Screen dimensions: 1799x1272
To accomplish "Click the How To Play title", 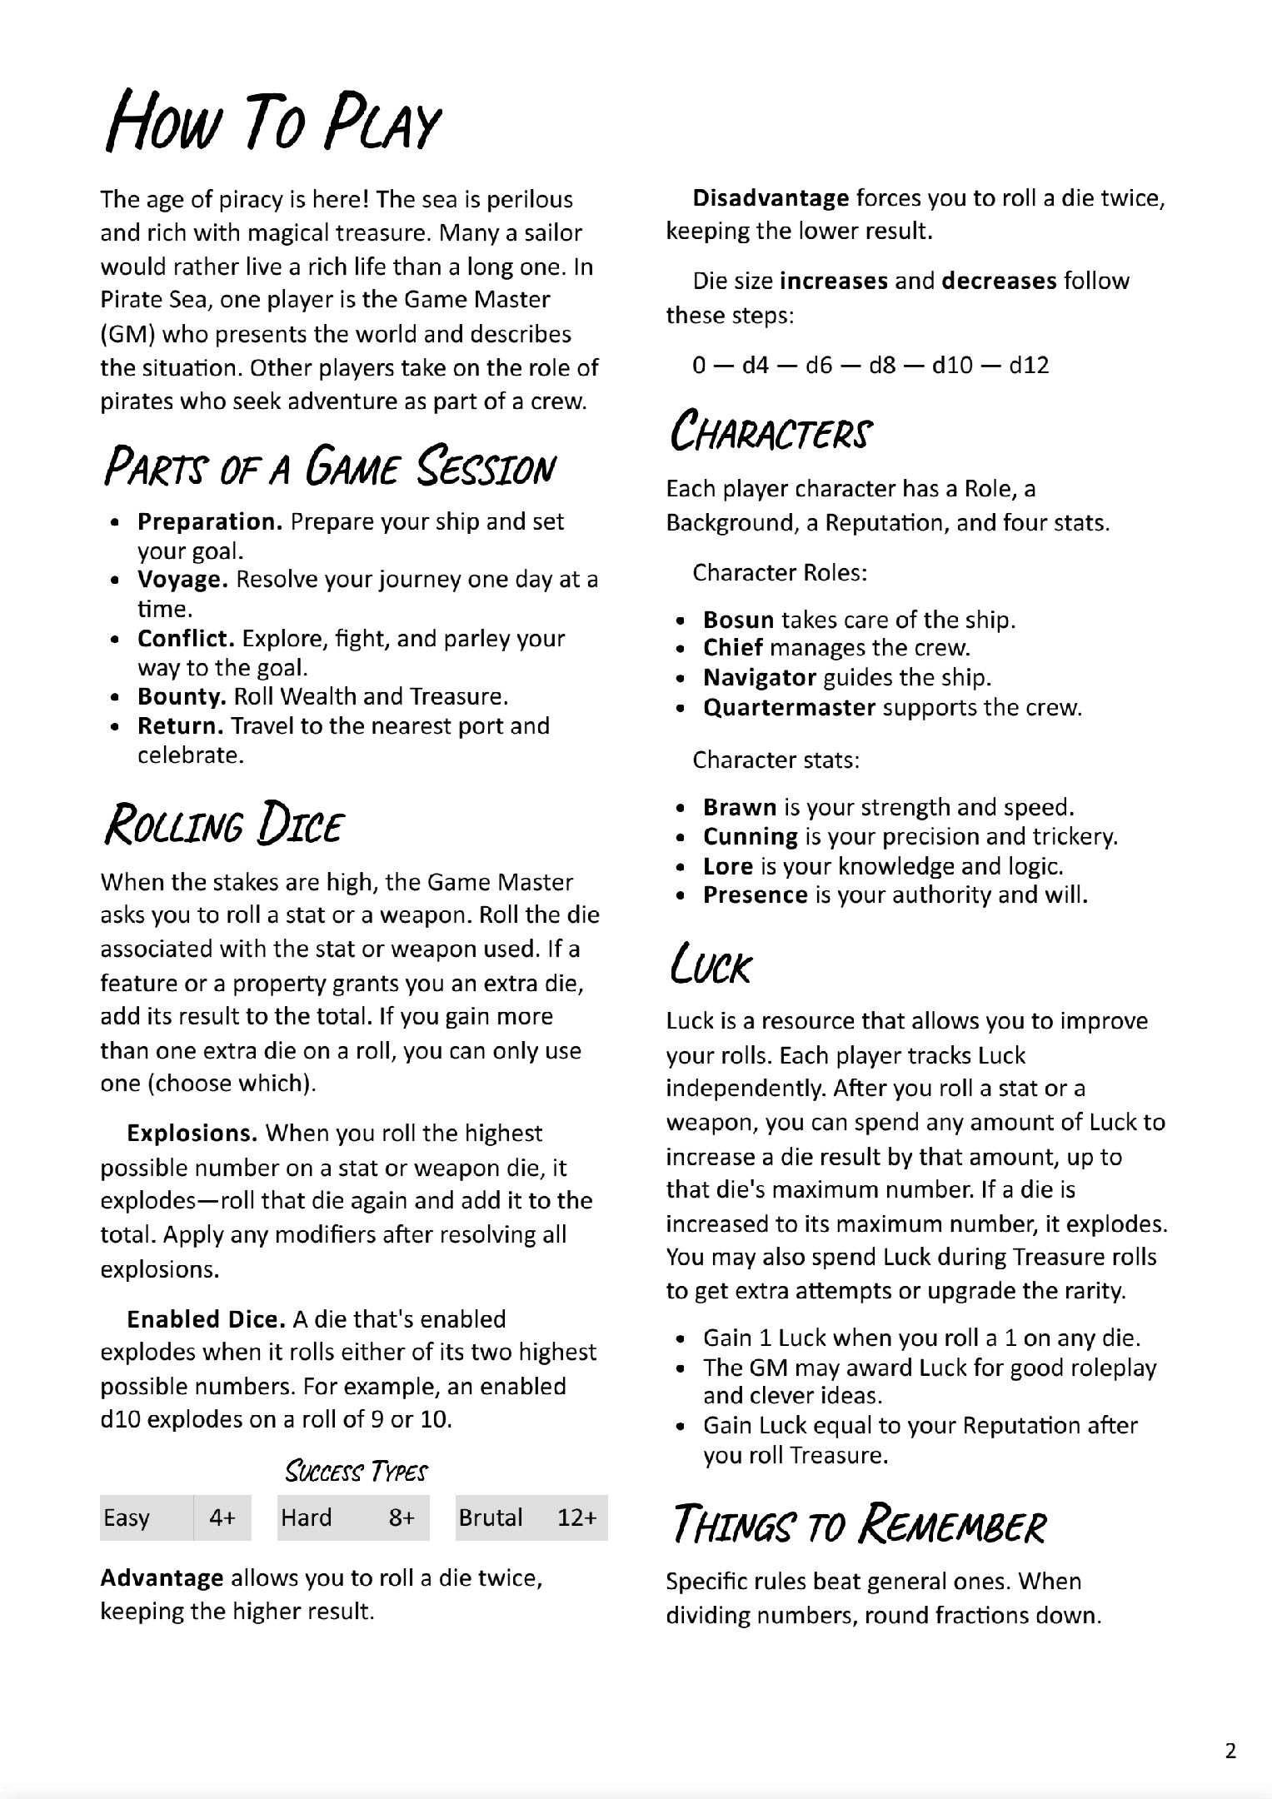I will (x=272, y=123).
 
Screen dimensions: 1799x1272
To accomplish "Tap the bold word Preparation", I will (x=210, y=522).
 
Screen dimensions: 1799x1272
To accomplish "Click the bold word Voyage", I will (x=182, y=580).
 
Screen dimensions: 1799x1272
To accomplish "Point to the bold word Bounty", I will (x=182, y=696).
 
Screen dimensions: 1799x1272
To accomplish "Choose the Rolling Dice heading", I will (x=222, y=825).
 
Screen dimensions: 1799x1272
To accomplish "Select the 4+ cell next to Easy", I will (x=222, y=1517).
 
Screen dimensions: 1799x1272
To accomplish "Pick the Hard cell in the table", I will (x=307, y=1517).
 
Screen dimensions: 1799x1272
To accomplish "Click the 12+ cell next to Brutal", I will (x=576, y=1517).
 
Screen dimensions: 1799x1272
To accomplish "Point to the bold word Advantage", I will (x=162, y=1577).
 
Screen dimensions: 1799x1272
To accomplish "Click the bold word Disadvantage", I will (x=771, y=198).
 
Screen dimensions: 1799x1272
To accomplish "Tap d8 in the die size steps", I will (x=882, y=365).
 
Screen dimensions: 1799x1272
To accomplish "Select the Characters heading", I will (x=771, y=433).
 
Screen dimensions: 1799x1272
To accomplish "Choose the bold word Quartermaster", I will (x=789, y=708).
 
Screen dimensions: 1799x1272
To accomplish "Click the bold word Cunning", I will (x=750, y=836).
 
